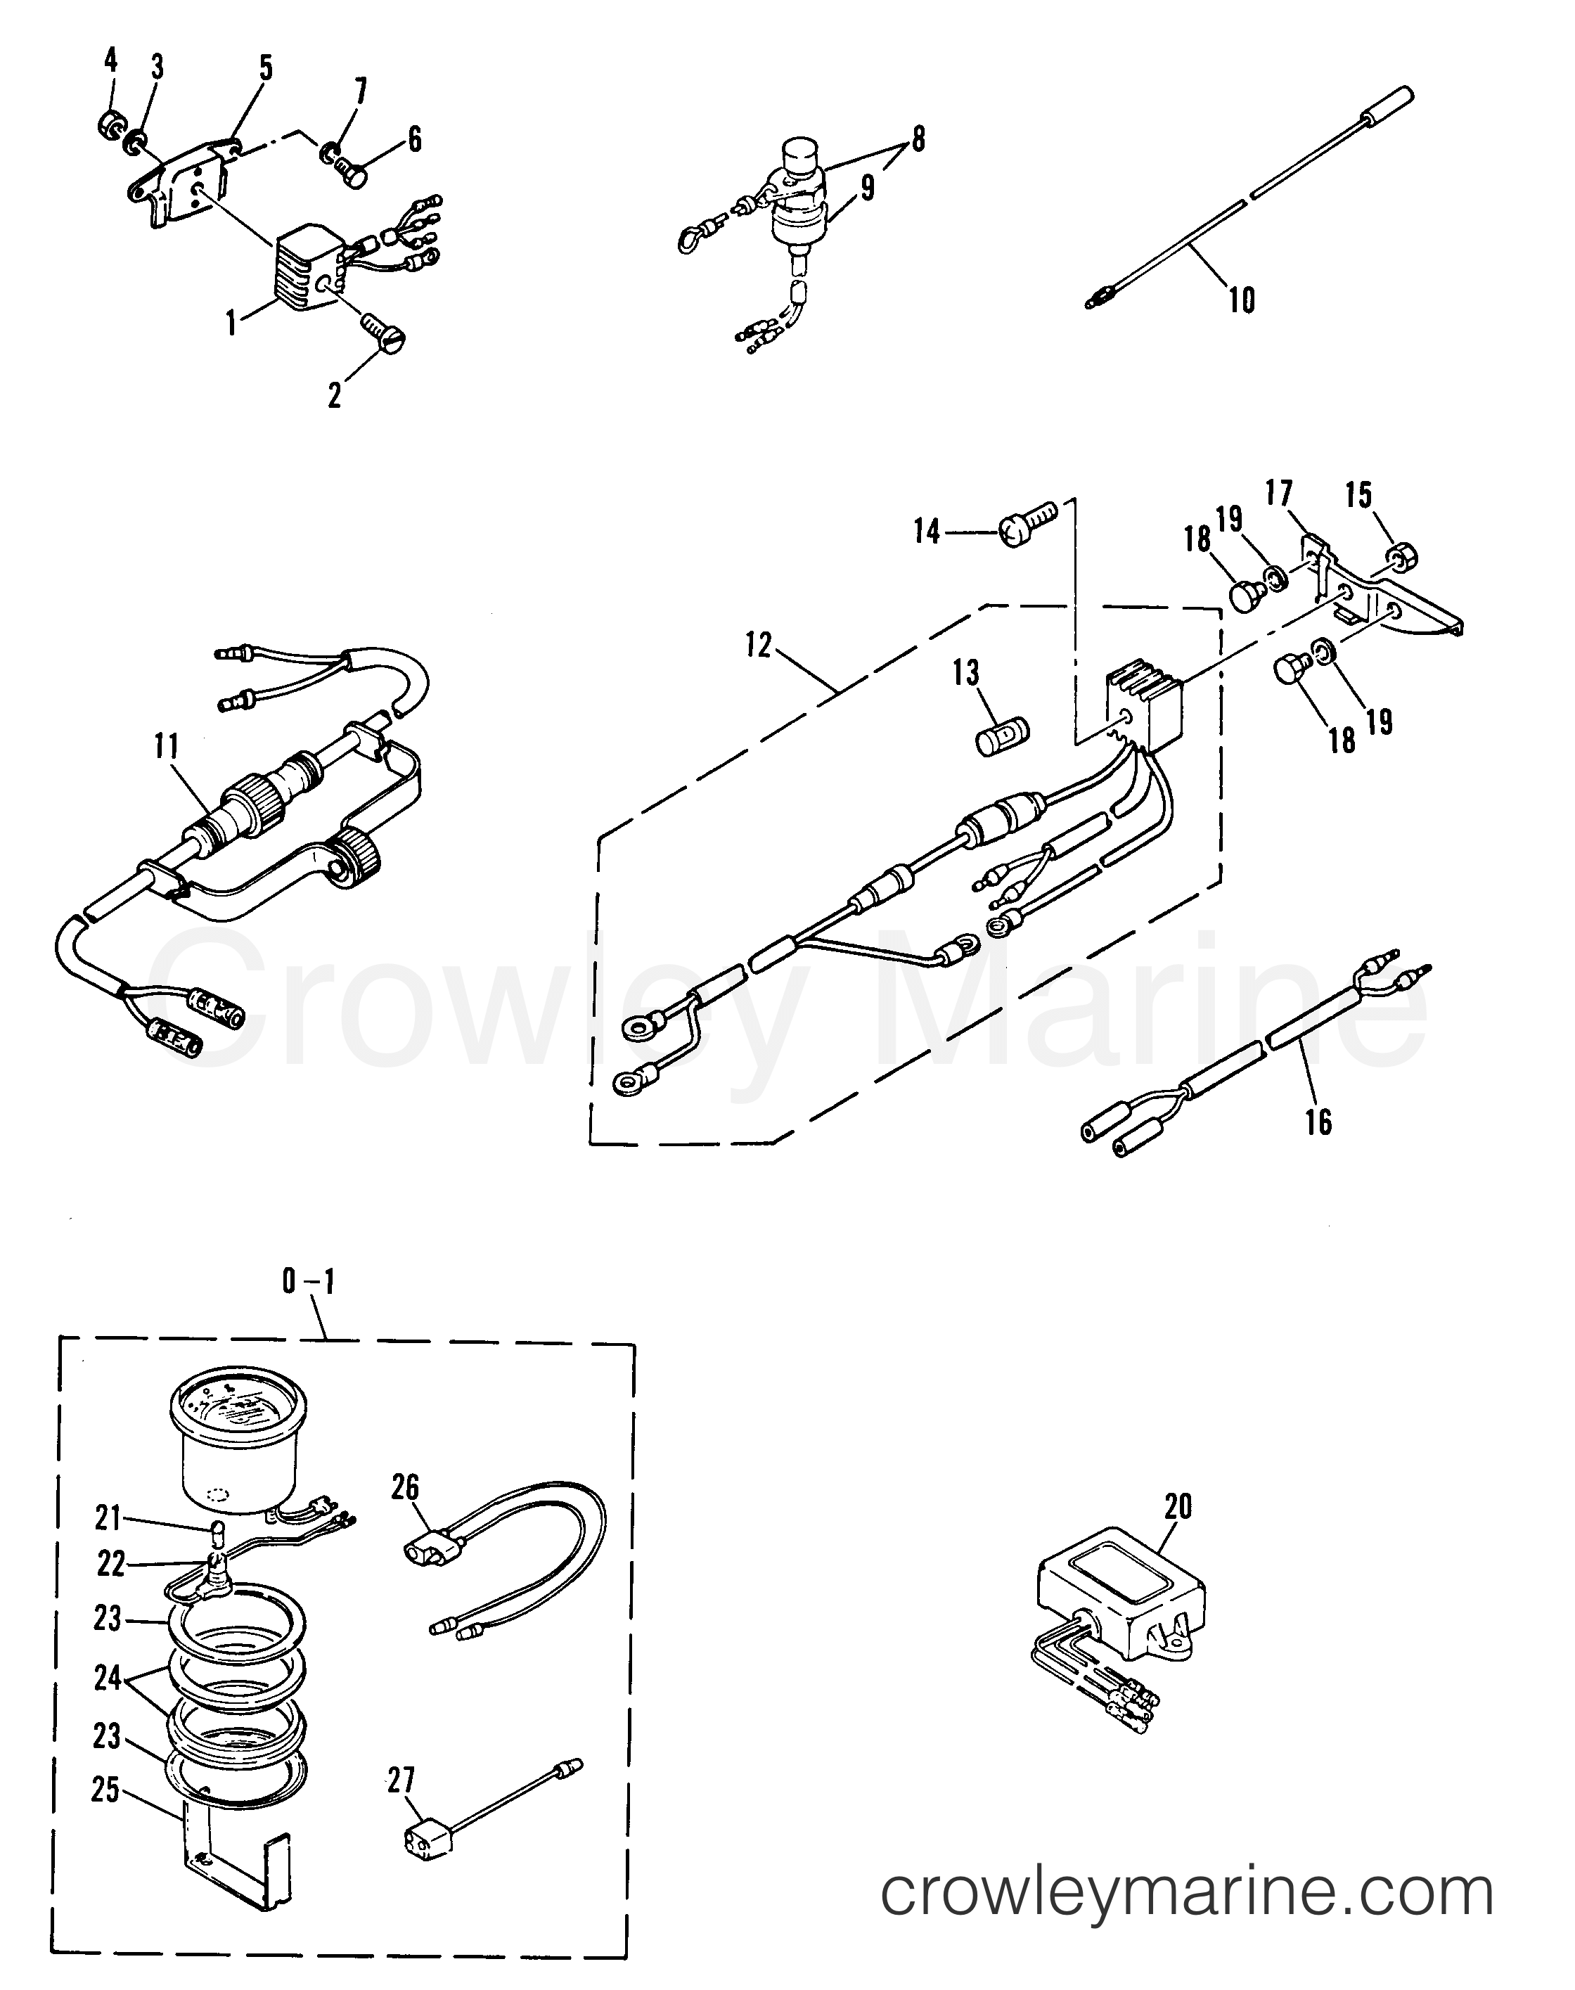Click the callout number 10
(1242, 301)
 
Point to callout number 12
(758, 646)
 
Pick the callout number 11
(166, 747)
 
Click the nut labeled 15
(1401, 556)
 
